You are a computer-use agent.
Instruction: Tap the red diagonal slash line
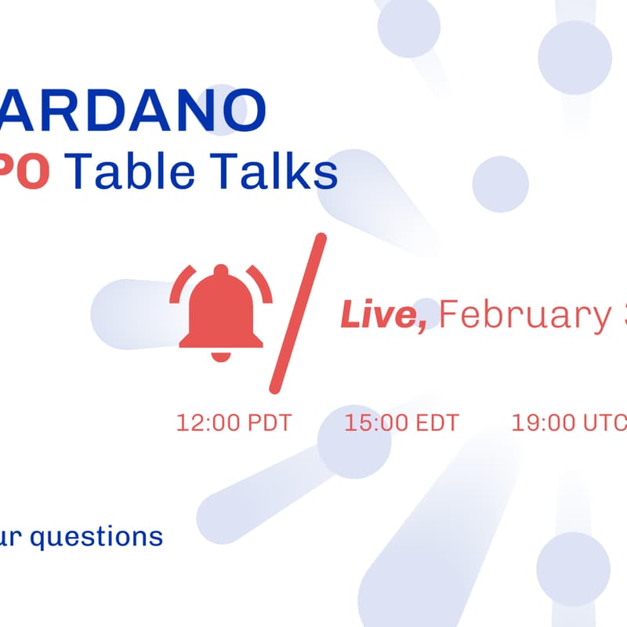pyautogui.click(x=297, y=313)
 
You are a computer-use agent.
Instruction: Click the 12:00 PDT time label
pyautogui.click(x=234, y=423)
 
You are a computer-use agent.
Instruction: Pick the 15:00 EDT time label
pyautogui.click(x=401, y=423)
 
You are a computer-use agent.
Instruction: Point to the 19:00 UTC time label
pyautogui.click(x=569, y=423)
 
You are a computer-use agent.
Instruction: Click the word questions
pyautogui.click(x=94, y=538)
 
